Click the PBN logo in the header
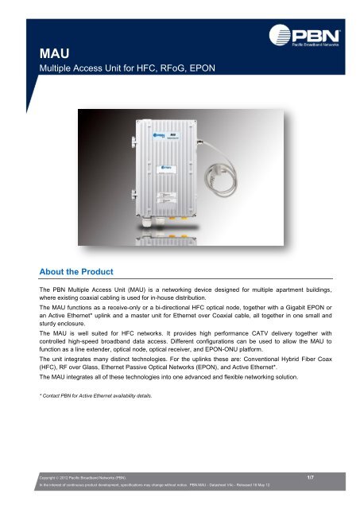coord(315,36)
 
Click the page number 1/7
coord(312,476)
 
